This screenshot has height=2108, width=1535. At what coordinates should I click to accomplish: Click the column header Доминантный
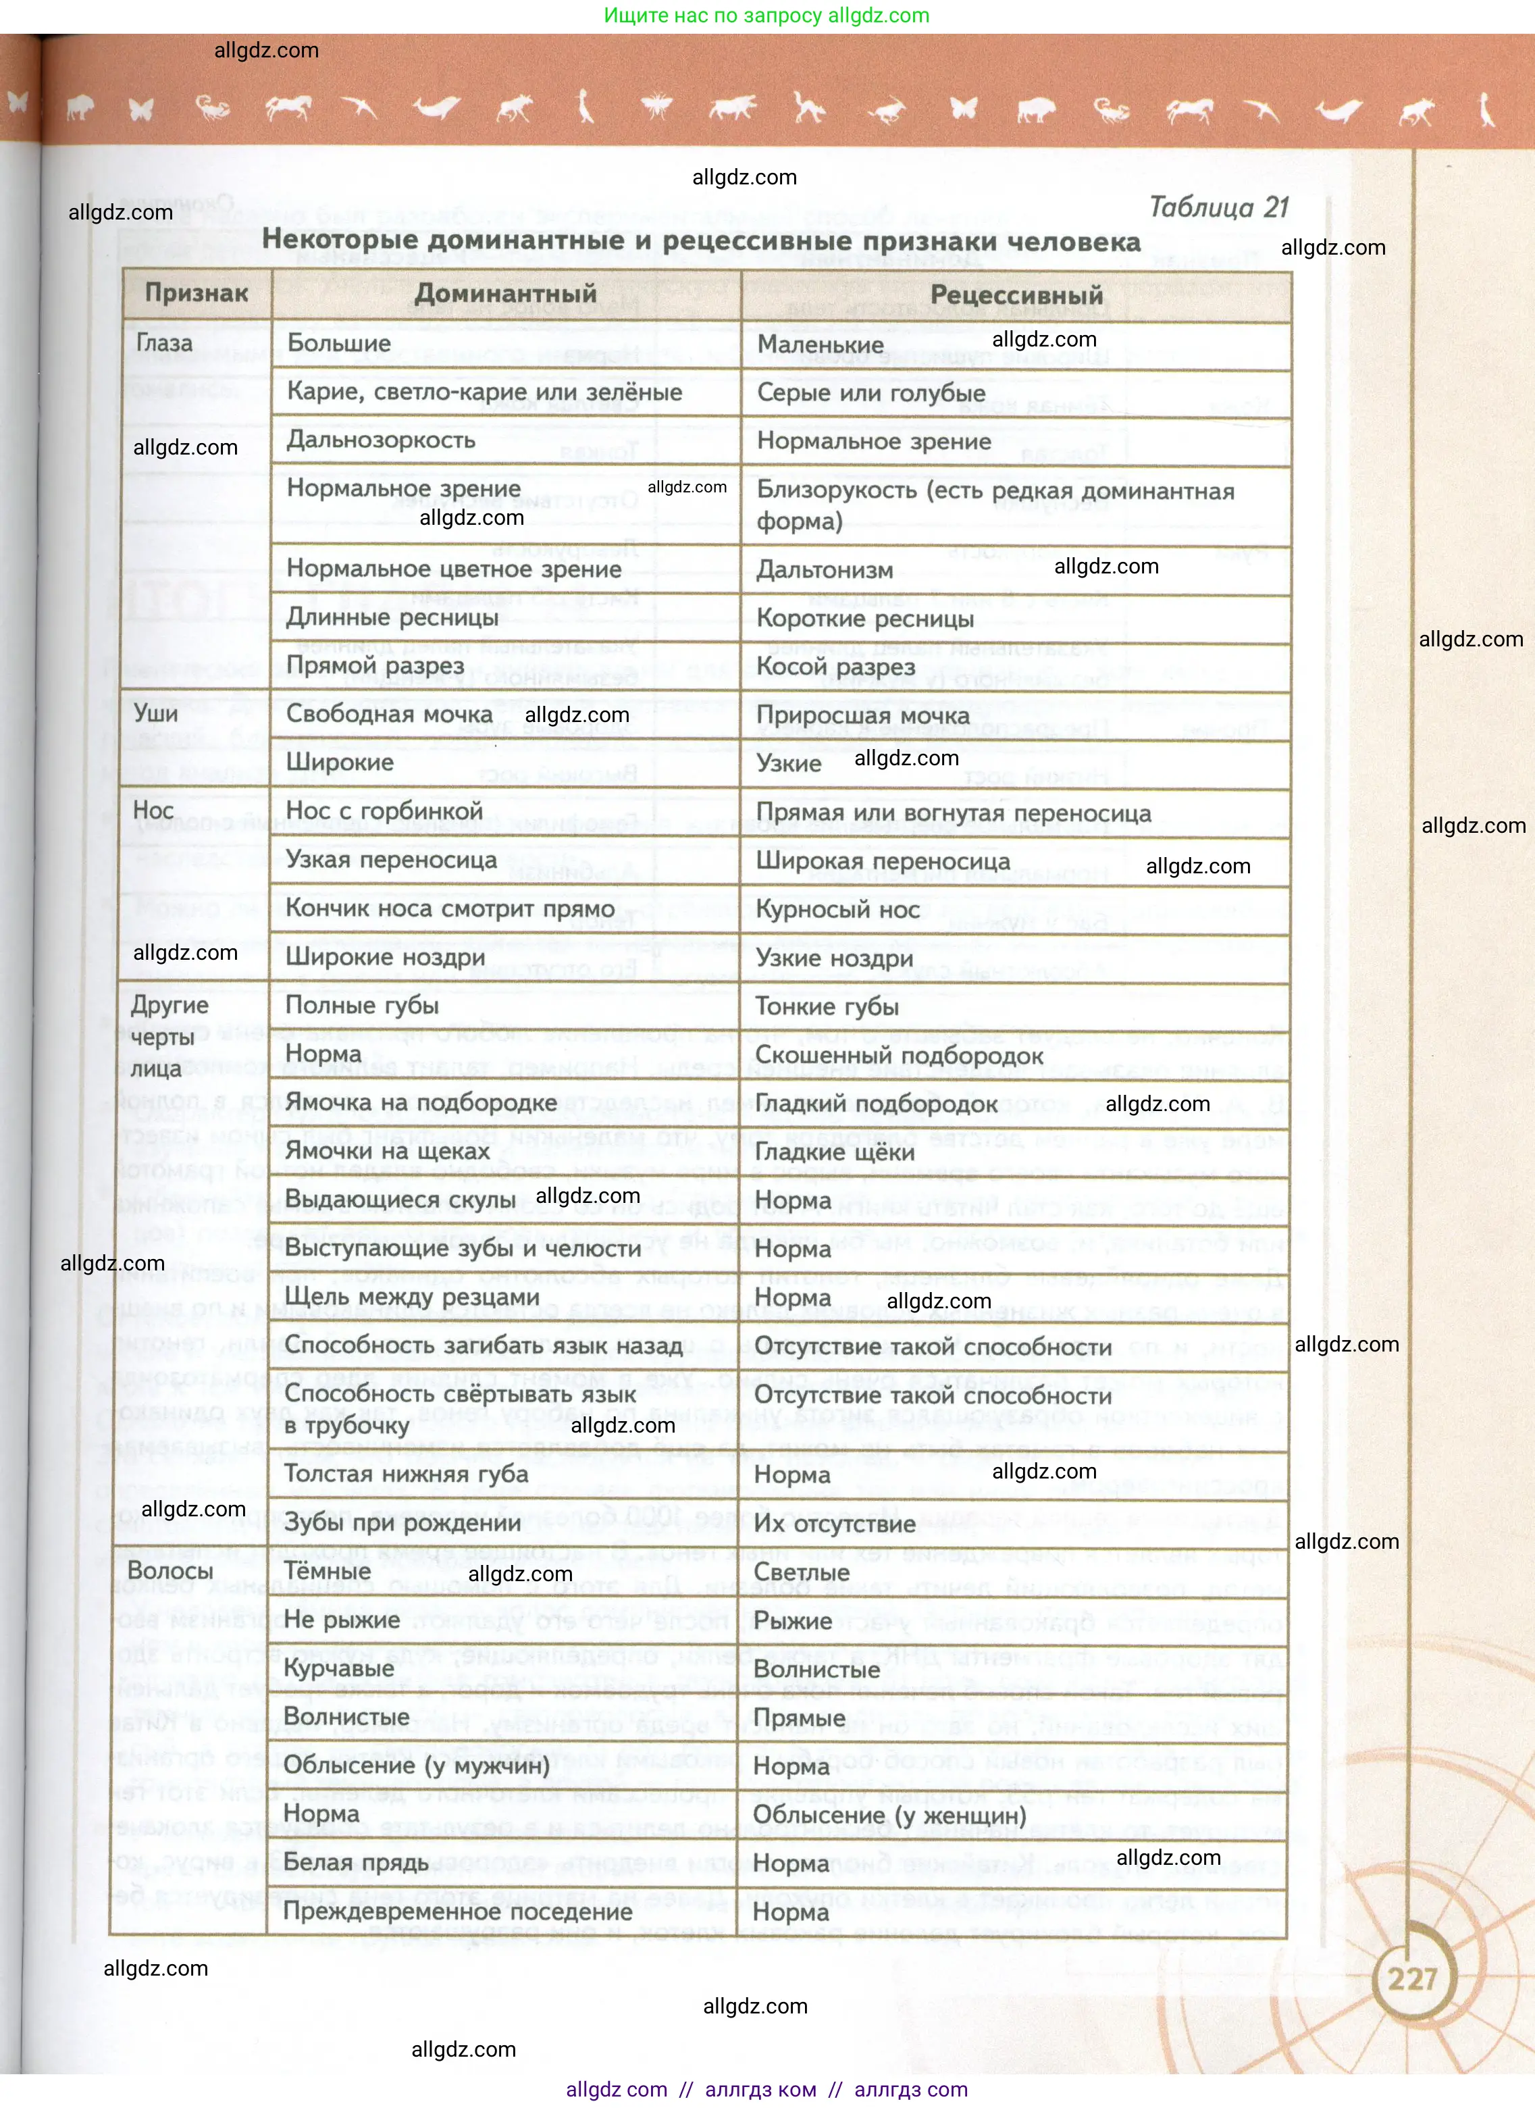[505, 294]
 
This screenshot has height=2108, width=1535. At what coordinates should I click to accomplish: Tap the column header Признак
[196, 292]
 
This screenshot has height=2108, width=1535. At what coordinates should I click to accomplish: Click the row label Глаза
[165, 343]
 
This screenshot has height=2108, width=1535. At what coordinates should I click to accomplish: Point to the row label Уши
[155, 713]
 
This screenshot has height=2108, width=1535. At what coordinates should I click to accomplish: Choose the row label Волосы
[170, 1571]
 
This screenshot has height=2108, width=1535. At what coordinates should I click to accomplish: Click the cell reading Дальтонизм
[824, 570]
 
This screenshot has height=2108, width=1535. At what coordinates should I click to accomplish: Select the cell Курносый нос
[837, 909]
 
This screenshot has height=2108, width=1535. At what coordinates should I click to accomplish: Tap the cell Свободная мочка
[388, 714]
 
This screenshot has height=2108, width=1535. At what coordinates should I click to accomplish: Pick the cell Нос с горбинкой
[384, 811]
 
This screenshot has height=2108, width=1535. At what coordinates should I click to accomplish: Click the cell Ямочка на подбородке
[420, 1102]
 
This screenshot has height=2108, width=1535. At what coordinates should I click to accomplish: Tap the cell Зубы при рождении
[401, 1522]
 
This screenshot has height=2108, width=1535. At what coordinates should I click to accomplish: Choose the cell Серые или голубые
[870, 392]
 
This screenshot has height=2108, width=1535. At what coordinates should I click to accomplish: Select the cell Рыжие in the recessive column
[793, 1620]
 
